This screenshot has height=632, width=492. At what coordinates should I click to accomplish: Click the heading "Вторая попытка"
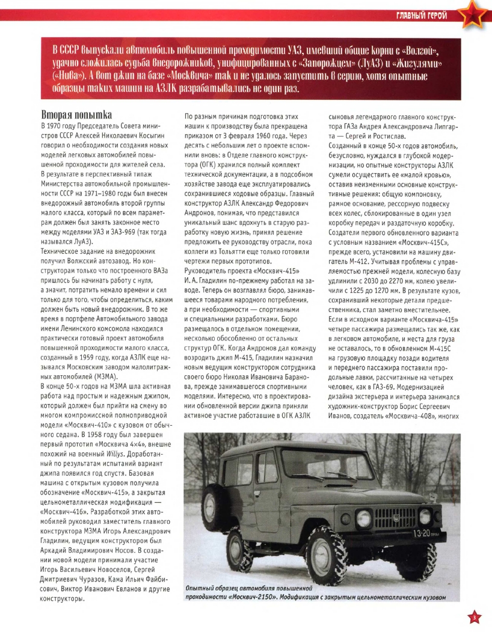point(77,114)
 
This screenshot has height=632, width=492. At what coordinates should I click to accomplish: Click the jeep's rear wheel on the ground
point(239,550)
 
